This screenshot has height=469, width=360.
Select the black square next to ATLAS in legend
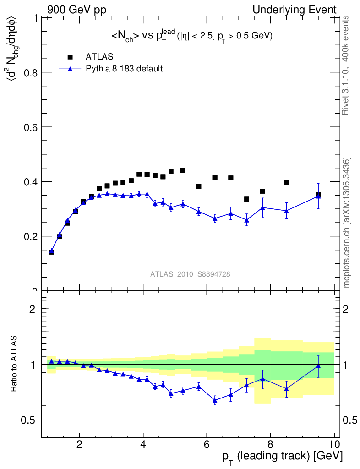[70, 57]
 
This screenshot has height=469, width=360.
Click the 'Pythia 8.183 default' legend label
[125, 69]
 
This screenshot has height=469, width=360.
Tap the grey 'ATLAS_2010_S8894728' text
[190, 274]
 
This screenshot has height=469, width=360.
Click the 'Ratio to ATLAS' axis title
[15, 365]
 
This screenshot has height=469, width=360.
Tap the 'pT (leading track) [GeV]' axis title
[283, 456]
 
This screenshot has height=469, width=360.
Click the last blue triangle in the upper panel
[318, 196]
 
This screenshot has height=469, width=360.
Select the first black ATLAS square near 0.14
[51, 251]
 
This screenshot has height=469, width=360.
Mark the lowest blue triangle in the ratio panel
[215, 400]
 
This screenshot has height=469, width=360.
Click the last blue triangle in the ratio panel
[318, 365]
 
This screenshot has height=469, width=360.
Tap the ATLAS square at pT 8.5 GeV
[286, 182]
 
